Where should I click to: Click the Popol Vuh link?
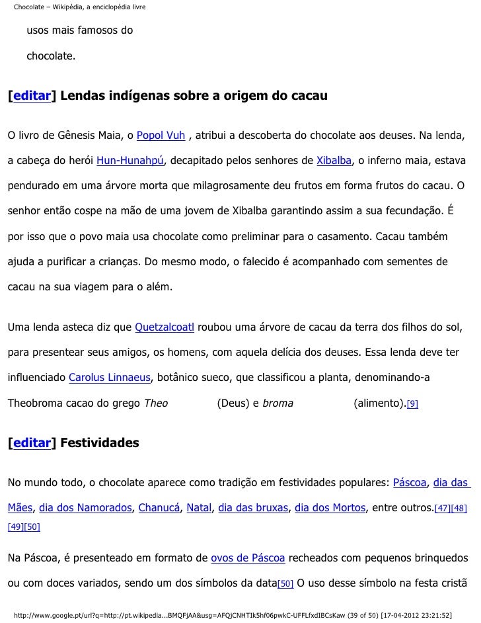161,136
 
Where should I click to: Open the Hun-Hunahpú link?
129,161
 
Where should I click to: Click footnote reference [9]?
412,403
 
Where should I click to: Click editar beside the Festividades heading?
32,442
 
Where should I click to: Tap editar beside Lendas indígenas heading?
32,96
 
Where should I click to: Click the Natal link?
199,508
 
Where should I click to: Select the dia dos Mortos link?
330,508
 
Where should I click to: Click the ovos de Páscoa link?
248,559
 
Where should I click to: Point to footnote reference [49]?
15,527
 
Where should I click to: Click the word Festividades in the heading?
99,442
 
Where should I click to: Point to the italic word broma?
277,403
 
